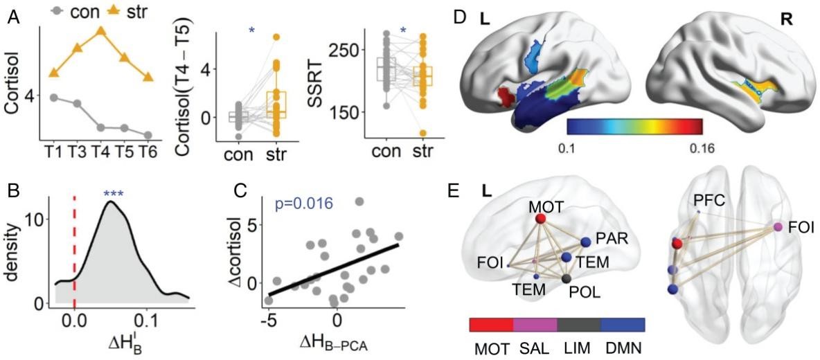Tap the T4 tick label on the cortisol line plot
tap(101, 151)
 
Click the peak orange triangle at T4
tap(101, 31)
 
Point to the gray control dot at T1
tap(54, 98)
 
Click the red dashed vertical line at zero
tap(74, 249)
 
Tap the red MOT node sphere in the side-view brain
tap(541, 220)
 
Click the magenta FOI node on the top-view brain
tap(778, 227)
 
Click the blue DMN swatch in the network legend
tap(623, 325)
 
